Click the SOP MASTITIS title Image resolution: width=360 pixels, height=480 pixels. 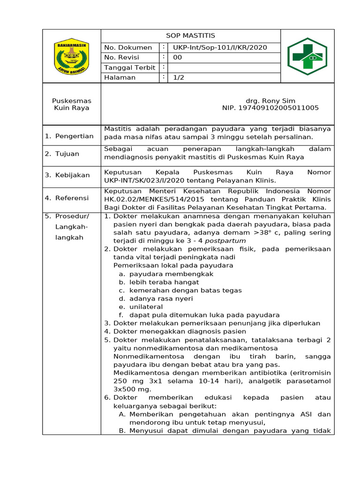190,36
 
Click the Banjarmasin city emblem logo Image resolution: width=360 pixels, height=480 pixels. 71,56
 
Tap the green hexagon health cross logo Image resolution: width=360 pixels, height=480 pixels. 307,56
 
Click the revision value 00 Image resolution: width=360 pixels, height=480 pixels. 178,58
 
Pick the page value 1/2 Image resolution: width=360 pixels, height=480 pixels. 179,78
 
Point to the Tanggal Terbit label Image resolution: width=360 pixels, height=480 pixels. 129,67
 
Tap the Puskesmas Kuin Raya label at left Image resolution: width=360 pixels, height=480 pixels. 72,104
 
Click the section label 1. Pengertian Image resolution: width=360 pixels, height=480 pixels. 69,136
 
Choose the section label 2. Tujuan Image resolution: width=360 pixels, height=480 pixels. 62,154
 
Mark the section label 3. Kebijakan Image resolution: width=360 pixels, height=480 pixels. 67,175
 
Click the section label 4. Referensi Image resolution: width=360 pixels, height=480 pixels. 67,198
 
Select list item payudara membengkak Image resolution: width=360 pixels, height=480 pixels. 171,274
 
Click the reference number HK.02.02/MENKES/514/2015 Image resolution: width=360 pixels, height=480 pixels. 150,199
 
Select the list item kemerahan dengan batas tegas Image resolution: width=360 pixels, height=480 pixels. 185,290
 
